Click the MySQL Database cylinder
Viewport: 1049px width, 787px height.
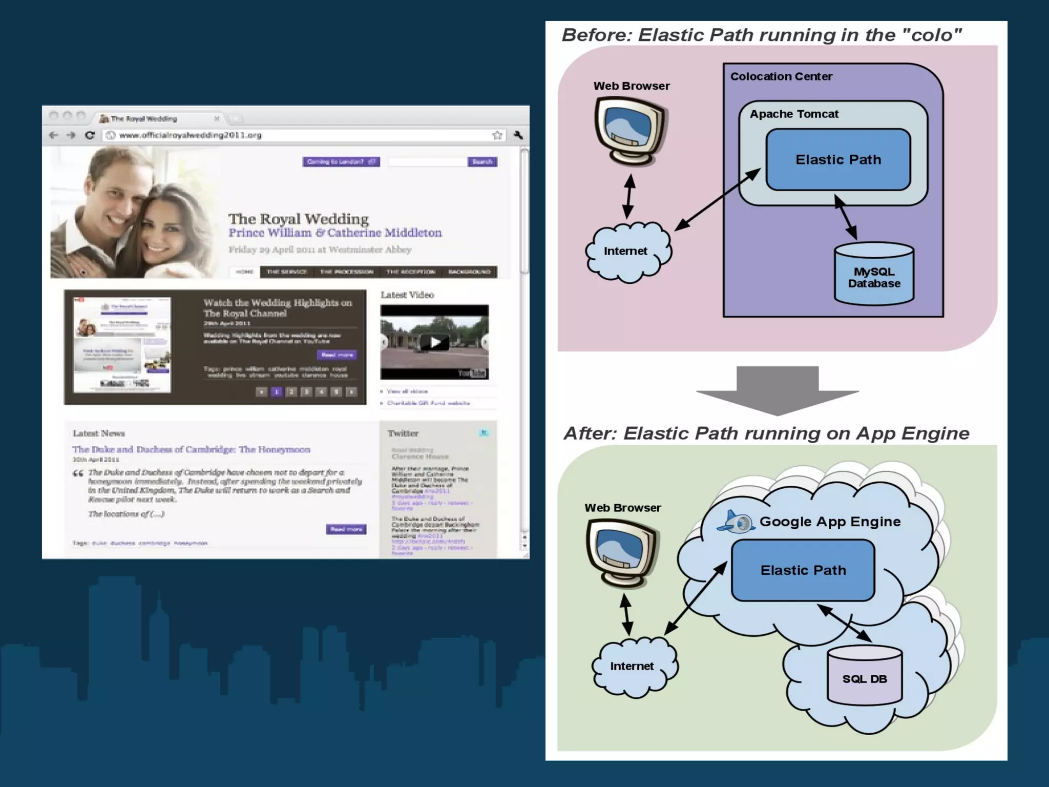click(x=874, y=275)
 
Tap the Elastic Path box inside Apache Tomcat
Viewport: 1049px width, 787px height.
click(x=838, y=160)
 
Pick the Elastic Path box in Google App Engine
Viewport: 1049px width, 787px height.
click(x=803, y=570)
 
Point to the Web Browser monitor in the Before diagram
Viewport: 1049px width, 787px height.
click(x=631, y=130)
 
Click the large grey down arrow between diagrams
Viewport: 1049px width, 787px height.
click(x=777, y=389)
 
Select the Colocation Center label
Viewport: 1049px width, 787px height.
click(x=781, y=77)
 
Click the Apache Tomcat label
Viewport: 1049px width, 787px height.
click(x=794, y=114)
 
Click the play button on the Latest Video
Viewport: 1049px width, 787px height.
click(x=434, y=342)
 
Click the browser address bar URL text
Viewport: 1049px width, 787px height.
click(x=190, y=135)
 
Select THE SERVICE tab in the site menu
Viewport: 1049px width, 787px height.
click(x=286, y=272)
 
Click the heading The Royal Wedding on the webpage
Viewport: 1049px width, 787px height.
click(x=298, y=219)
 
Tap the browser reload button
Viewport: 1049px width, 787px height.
click(x=90, y=135)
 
